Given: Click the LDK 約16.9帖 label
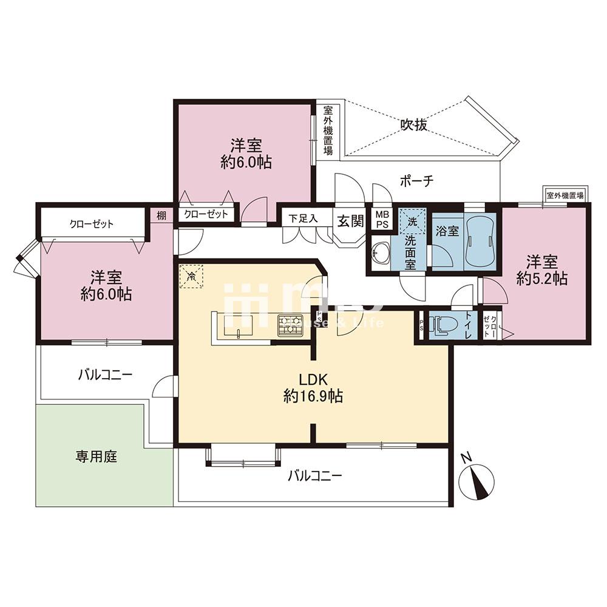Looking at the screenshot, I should [313, 388].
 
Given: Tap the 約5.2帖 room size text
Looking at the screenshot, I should [542, 279].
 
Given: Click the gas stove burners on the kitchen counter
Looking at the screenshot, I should [288, 327].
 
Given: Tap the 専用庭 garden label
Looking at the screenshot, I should [96, 456].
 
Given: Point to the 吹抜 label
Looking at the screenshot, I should [414, 125].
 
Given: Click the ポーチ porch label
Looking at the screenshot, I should [416, 181].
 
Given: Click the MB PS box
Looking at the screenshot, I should [381, 219].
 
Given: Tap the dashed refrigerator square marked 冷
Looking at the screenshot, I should [192, 277].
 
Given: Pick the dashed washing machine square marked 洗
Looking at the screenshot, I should [412, 222].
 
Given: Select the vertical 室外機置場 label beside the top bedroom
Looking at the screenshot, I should [328, 130].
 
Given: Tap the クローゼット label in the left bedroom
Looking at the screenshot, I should [92, 224].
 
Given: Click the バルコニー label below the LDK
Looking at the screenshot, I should [314, 475].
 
